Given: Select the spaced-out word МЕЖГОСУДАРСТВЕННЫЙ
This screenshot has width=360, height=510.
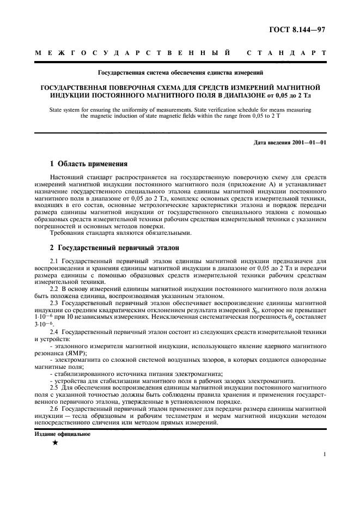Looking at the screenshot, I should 131,53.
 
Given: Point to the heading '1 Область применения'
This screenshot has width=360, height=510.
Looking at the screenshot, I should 89,163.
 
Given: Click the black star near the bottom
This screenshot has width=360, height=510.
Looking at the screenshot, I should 54,443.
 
